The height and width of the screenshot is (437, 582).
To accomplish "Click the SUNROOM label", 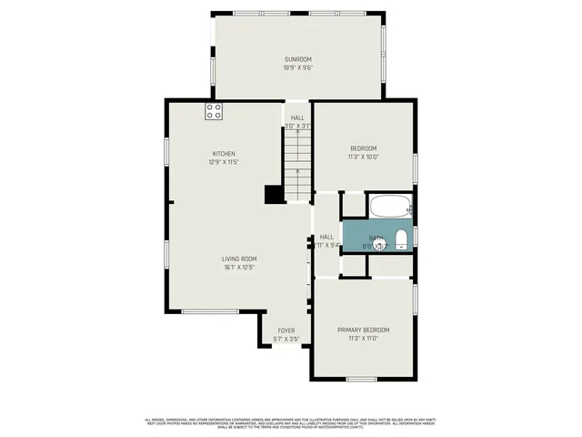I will coord(298,60).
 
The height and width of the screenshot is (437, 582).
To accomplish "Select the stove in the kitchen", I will coord(215,112).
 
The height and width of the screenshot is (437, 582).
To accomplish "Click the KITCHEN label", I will coord(224,153).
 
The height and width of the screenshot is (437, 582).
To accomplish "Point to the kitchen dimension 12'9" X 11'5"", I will coord(224,162).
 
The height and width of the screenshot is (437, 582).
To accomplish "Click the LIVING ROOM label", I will coord(238,259).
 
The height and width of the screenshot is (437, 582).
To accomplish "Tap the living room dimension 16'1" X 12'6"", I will coord(238,268).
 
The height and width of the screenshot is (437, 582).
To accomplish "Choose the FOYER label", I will coord(286,330).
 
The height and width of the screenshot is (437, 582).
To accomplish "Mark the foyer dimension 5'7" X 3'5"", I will coord(286,340).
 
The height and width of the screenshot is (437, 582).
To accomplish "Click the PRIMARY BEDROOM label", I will coord(363,330).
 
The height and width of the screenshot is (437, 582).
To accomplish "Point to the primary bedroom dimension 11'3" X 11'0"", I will coord(363,339).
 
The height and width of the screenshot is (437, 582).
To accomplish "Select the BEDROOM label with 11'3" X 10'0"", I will coord(363,147).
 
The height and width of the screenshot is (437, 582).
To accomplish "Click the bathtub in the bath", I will coord(389,207).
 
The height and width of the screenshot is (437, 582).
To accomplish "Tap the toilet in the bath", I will coord(400,240).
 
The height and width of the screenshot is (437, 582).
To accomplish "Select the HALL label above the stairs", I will coord(297,117).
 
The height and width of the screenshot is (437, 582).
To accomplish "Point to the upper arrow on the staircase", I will coord(297,133).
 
